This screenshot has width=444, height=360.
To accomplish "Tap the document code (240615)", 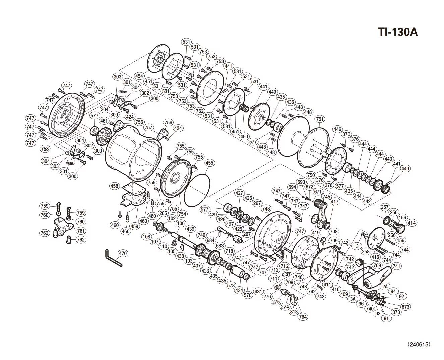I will (419, 344).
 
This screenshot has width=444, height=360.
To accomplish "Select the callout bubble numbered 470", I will (123, 253).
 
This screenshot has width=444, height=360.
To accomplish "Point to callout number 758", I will (45, 149).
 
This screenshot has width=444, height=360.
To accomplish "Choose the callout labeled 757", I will (148, 128).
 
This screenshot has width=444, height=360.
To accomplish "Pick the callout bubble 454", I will (139, 76).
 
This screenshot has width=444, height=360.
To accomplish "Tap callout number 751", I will (320, 119).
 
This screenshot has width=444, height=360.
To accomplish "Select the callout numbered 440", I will (405, 169).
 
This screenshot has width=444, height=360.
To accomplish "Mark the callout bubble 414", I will (411, 223).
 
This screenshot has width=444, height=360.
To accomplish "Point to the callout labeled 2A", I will (385, 286).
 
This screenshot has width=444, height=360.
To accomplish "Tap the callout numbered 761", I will (81, 231).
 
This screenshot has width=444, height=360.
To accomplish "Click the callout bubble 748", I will (266, 209).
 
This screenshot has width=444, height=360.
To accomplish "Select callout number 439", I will (190, 229).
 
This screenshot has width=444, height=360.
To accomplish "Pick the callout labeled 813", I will (294, 311).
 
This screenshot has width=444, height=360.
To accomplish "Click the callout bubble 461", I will (104, 121).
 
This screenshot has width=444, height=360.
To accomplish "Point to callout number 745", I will (326, 197).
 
